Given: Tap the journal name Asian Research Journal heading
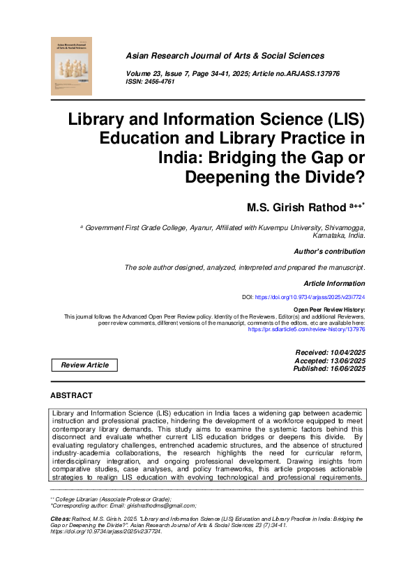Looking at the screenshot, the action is pos(225,55).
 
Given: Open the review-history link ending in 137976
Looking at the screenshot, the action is pos(307,330).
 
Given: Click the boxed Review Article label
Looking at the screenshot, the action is pos(84,365).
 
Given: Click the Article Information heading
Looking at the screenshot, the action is pos(334,284).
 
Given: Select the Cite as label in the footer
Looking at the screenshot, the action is pos(63,519).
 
